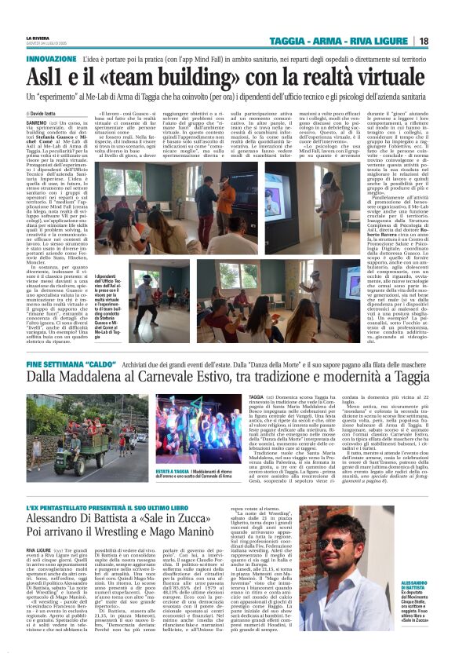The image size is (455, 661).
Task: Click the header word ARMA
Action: pos(352,41)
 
